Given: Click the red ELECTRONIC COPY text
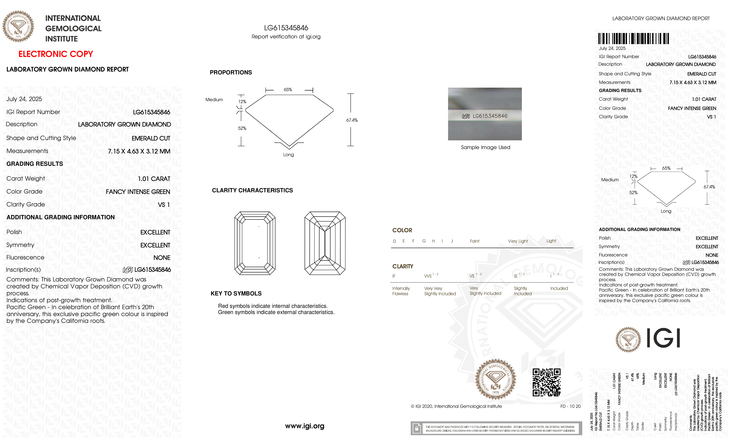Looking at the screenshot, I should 56,54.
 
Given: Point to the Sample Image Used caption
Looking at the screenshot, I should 485,147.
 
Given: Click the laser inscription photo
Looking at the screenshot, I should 485,114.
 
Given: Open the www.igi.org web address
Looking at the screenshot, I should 305,426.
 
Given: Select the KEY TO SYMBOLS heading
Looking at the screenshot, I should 236,293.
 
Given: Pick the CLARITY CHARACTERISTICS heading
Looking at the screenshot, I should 252,190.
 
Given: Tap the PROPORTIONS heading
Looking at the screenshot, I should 231,72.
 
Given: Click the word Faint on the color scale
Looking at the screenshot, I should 474,241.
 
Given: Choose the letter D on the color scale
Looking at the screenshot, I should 394,241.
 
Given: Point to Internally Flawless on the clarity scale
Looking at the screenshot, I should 401,291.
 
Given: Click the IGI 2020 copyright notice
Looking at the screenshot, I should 456,406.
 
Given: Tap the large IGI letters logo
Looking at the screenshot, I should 663,338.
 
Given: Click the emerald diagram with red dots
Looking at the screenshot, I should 255,243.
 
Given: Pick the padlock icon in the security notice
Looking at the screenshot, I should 416,429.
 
